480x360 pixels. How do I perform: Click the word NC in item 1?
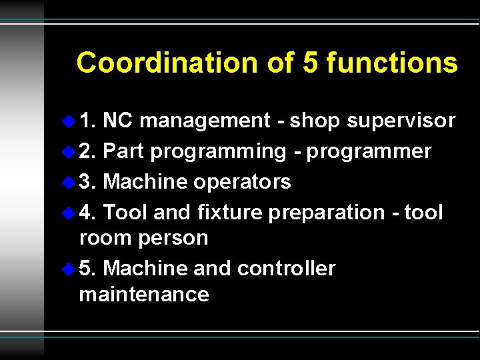tap(118, 121)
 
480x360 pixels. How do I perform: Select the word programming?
tap(218, 152)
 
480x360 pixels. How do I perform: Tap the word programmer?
tap(369, 152)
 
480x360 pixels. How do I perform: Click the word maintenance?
tap(144, 294)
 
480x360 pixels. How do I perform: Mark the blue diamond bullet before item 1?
tap(68, 121)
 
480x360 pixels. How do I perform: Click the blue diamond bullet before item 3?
tap(68, 181)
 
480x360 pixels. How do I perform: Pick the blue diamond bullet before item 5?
tap(68, 268)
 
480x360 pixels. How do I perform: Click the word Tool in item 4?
tap(126, 212)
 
